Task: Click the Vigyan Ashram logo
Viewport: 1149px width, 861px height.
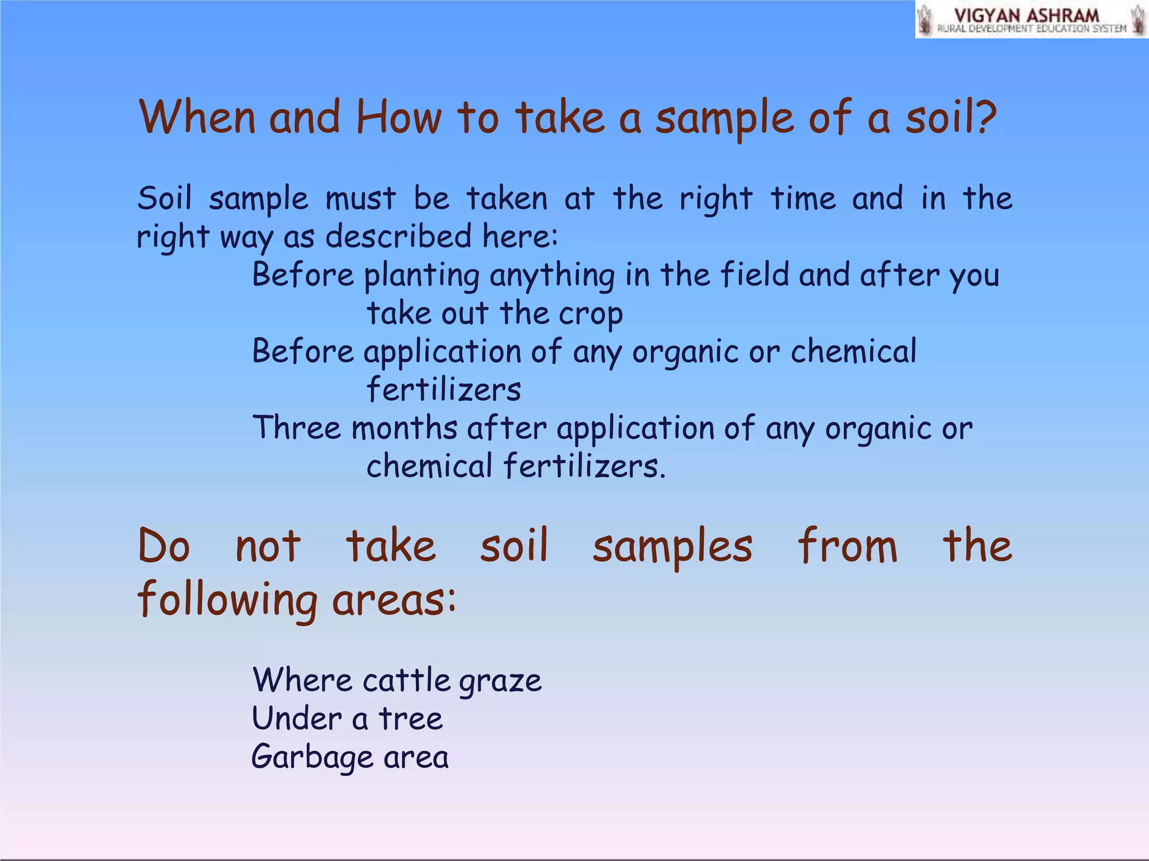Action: pyautogui.click(x=1031, y=20)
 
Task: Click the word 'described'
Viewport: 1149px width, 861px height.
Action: pyautogui.click(x=398, y=236)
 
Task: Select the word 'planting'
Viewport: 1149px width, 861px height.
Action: pyautogui.click(x=422, y=276)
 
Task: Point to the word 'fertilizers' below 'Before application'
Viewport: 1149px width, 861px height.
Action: pyautogui.click(x=444, y=390)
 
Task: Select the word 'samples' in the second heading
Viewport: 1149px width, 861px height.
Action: pyautogui.click(x=672, y=547)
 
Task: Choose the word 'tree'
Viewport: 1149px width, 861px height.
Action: pyautogui.click(x=411, y=719)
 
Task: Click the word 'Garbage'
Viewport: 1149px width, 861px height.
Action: pyautogui.click(x=312, y=758)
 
